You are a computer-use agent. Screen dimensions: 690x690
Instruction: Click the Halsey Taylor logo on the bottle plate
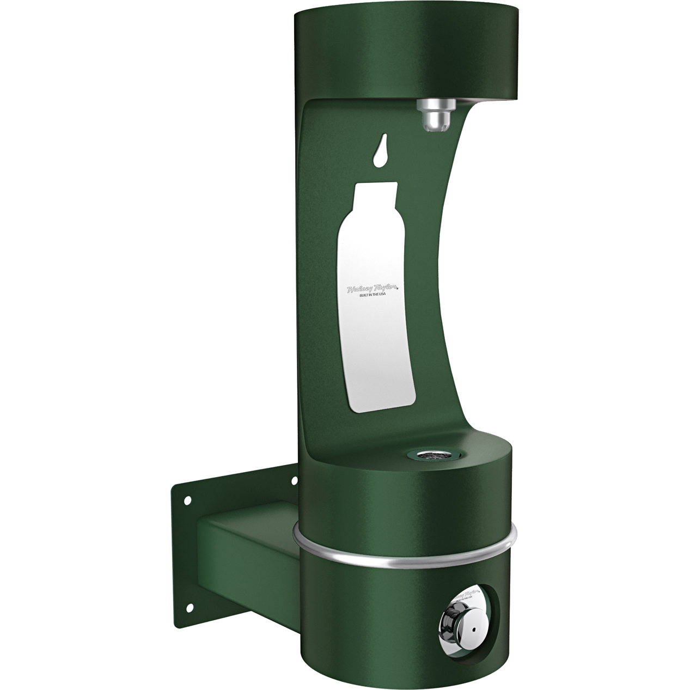[374, 289]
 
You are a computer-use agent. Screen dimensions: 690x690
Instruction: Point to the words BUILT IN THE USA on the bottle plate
[375, 296]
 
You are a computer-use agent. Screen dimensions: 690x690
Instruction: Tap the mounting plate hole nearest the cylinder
[295, 480]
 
